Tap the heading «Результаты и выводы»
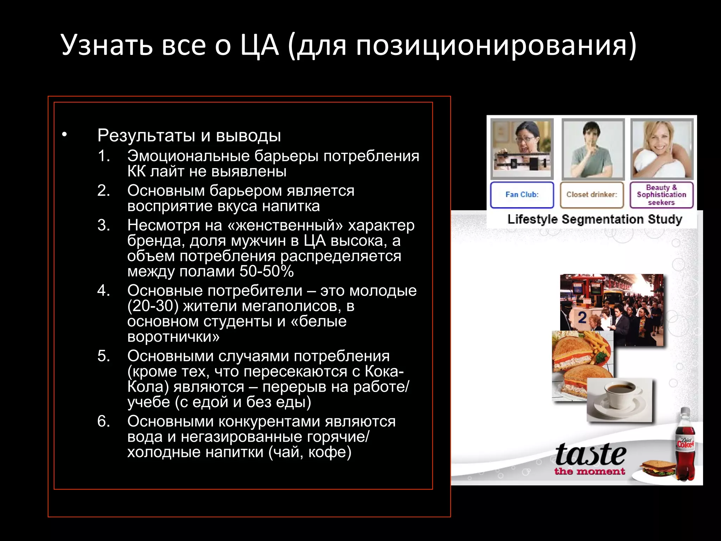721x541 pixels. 189,136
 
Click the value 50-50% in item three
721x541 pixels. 267,272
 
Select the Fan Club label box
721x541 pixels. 522,195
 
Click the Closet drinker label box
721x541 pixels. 591,195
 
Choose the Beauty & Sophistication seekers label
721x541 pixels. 661,195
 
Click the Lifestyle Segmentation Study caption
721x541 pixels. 595,219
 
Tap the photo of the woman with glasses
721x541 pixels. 522,149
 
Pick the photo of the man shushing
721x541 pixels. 593,149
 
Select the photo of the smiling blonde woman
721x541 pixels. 662,149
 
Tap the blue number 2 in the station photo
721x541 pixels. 582,318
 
